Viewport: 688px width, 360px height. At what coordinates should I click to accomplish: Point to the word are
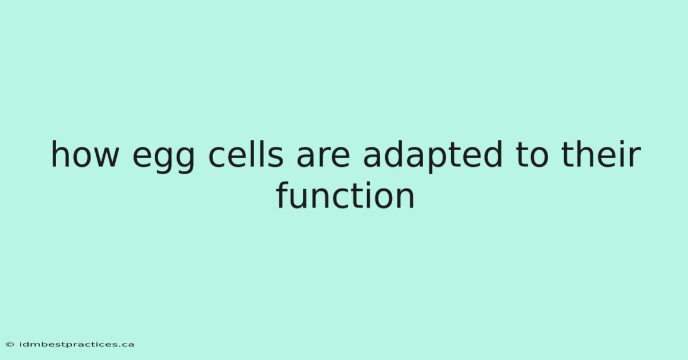[x=323, y=157]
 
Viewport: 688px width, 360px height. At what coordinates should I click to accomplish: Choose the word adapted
[x=433, y=156]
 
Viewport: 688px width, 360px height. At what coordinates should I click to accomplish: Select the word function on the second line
[x=345, y=195]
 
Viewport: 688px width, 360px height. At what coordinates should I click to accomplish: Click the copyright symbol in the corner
[x=10, y=345]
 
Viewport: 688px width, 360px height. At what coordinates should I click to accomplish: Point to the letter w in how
[x=107, y=157]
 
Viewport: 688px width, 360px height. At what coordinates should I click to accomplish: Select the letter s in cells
[x=276, y=157]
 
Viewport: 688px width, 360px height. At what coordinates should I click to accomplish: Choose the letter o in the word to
[x=538, y=157]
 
